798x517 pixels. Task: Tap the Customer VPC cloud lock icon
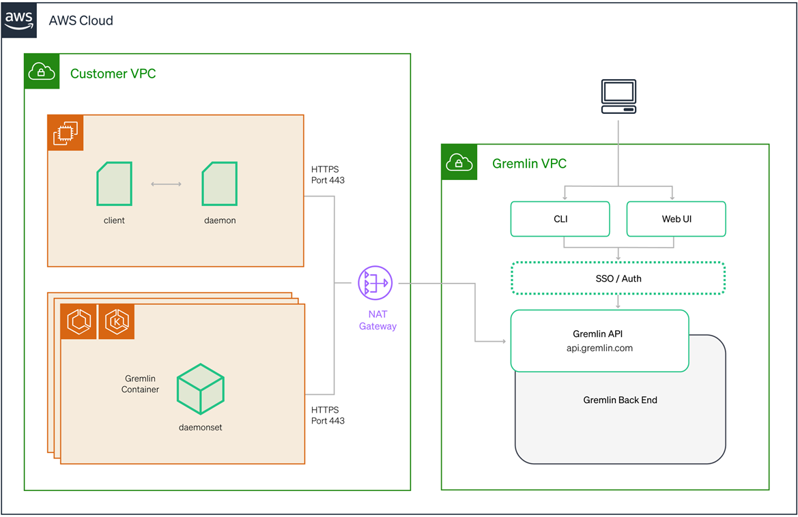tap(42, 71)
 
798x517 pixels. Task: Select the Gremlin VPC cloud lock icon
tap(459, 162)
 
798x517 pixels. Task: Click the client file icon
tap(115, 183)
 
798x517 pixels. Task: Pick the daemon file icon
tap(220, 183)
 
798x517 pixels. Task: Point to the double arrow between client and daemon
tap(167, 184)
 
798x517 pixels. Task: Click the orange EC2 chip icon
tap(66, 133)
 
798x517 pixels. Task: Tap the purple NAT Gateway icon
tap(375, 283)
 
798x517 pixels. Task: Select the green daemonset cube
tap(201, 389)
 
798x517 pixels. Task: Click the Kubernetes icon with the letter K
tap(117, 321)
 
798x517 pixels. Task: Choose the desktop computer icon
tap(618, 96)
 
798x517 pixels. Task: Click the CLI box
tap(560, 219)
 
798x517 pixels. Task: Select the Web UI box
tap(676, 219)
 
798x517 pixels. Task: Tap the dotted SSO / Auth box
tap(618, 278)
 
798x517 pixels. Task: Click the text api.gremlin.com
tap(599, 349)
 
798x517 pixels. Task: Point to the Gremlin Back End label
tap(620, 400)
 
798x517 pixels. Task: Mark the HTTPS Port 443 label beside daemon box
tap(328, 175)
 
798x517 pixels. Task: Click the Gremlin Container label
tap(140, 384)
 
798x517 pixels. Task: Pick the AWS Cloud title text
tap(81, 21)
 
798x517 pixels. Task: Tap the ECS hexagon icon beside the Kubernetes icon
tap(79, 321)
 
